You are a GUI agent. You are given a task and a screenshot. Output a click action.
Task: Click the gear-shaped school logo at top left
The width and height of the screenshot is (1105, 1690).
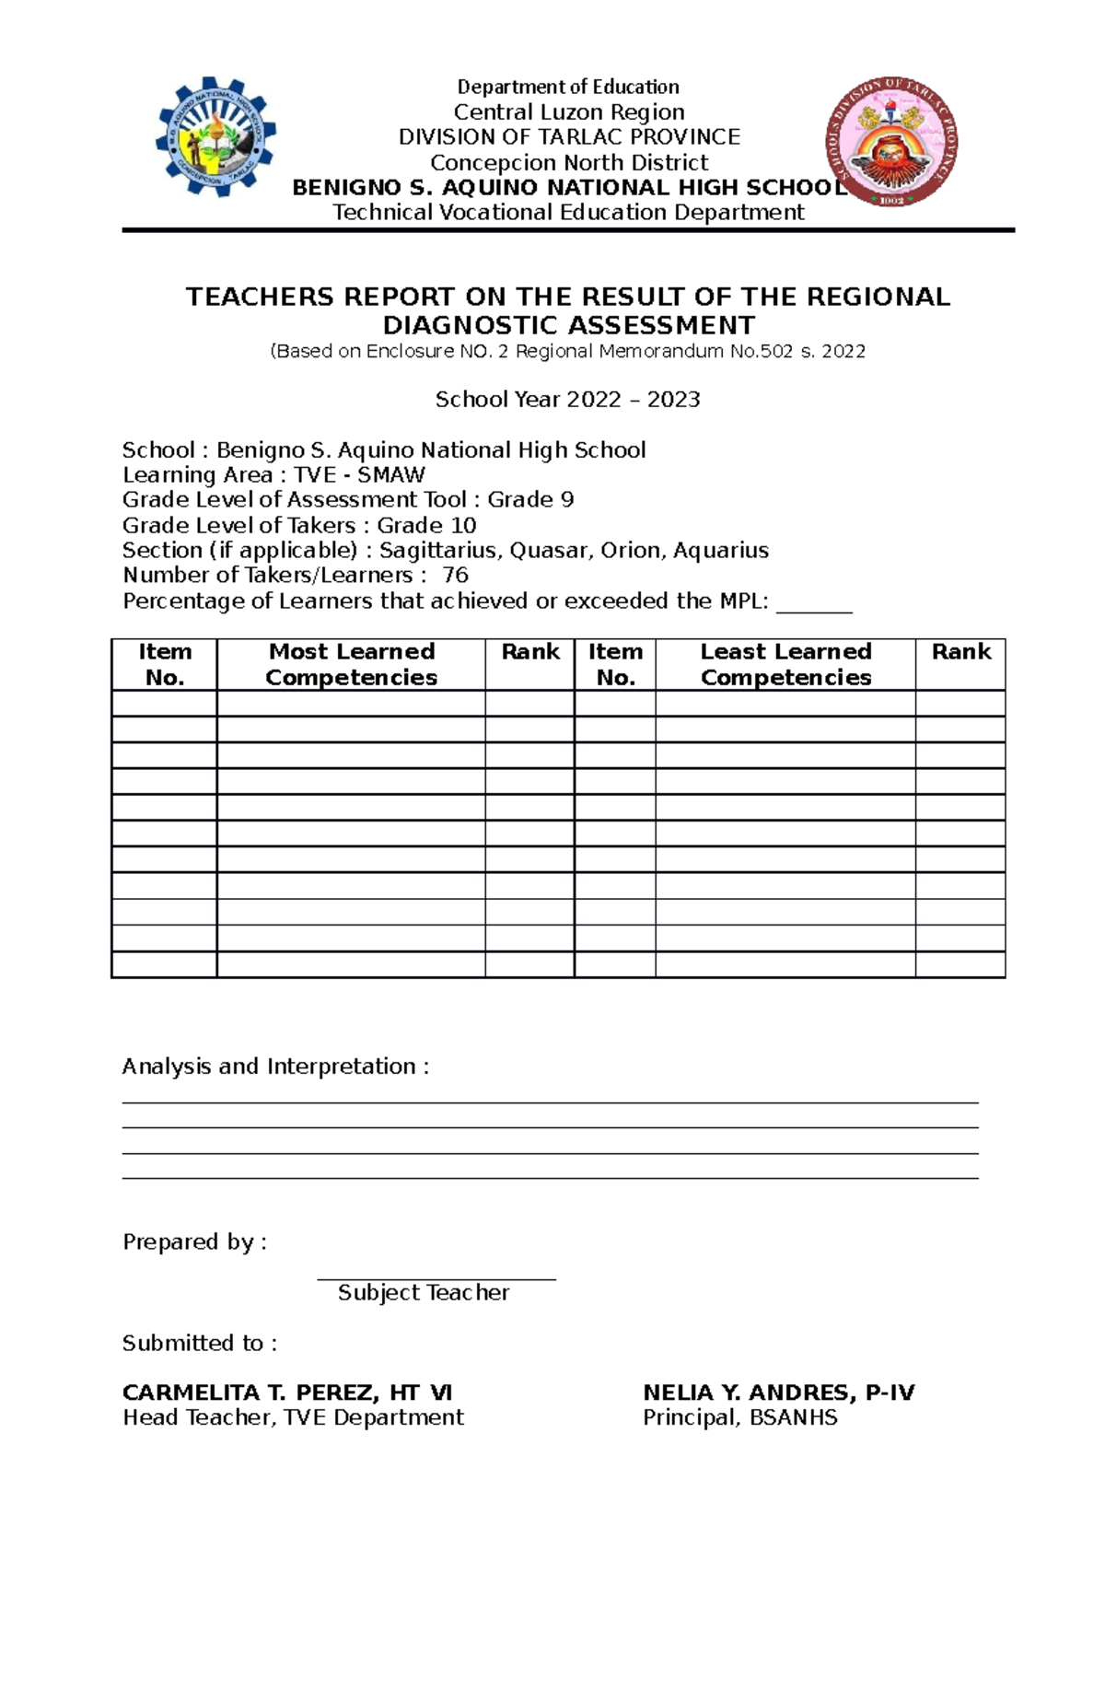click(x=215, y=136)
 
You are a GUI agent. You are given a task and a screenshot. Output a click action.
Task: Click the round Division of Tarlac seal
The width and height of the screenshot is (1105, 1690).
click(x=890, y=141)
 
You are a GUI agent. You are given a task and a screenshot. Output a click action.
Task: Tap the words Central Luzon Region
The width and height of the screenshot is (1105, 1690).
click(x=568, y=112)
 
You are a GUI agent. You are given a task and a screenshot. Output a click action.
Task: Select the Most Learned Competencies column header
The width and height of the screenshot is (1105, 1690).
click(x=351, y=664)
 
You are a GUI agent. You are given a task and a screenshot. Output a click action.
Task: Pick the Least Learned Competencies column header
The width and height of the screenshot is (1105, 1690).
click(x=785, y=664)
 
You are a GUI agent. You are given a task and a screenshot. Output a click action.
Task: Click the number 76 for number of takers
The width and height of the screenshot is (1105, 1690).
click(x=455, y=576)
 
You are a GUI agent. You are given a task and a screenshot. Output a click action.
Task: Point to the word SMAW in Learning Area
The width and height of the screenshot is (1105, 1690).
click(x=391, y=475)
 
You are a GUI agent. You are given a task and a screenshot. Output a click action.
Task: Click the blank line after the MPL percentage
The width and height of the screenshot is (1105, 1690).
click(x=814, y=604)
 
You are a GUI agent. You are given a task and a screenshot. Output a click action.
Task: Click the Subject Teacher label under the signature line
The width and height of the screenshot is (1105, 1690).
click(x=424, y=1293)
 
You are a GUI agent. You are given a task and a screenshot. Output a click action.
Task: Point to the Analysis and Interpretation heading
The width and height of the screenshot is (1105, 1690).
click(x=275, y=1066)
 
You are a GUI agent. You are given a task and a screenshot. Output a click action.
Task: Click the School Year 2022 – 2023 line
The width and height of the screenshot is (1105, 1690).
click(x=567, y=400)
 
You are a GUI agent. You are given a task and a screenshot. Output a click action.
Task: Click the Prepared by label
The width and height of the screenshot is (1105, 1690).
click(x=194, y=1242)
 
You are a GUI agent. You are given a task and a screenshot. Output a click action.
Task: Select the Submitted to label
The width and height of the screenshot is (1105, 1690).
click(x=199, y=1344)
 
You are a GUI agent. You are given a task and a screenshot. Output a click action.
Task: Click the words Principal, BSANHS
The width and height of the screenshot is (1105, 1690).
click(x=739, y=1418)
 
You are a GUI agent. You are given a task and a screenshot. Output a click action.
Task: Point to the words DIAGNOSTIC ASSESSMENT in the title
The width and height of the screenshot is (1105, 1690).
click(x=568, y=326)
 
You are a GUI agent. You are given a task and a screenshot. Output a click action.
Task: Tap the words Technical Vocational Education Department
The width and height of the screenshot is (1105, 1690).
click(x=568, y=213)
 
